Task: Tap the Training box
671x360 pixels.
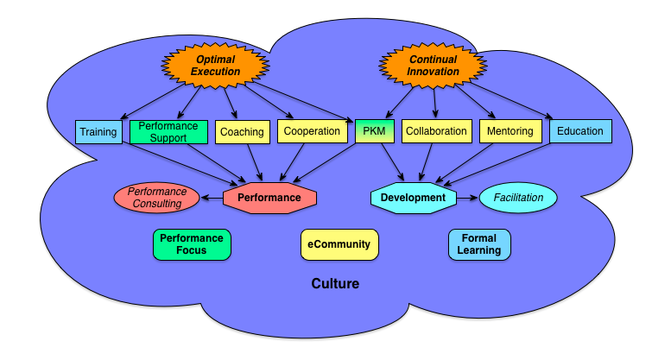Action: [x=98, y=132]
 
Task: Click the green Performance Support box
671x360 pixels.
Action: [x=168, y=132]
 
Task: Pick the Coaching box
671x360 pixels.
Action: [x=241, y=132]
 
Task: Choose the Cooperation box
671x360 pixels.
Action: [x=311, y=132]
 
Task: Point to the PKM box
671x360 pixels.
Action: [x=374, y=132]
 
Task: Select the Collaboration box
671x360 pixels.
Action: [x=436, y=132]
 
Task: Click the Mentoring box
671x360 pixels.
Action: [x=510, y=132]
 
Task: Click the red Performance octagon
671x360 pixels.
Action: [x=269, y=198]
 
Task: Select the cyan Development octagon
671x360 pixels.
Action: [x=413, y=198]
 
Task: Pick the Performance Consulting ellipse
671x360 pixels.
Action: [x=156, y=198]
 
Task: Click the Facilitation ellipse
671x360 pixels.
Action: [x=518, y=198]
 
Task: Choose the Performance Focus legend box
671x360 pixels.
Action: [x=191, y=244]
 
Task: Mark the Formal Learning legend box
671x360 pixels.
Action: [x=479, y=244]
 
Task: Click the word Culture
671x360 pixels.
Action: [x=335, y=283]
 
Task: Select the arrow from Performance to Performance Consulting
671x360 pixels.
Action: [x=212, y=198]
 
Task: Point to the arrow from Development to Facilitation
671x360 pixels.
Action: [x=467, y=198]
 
